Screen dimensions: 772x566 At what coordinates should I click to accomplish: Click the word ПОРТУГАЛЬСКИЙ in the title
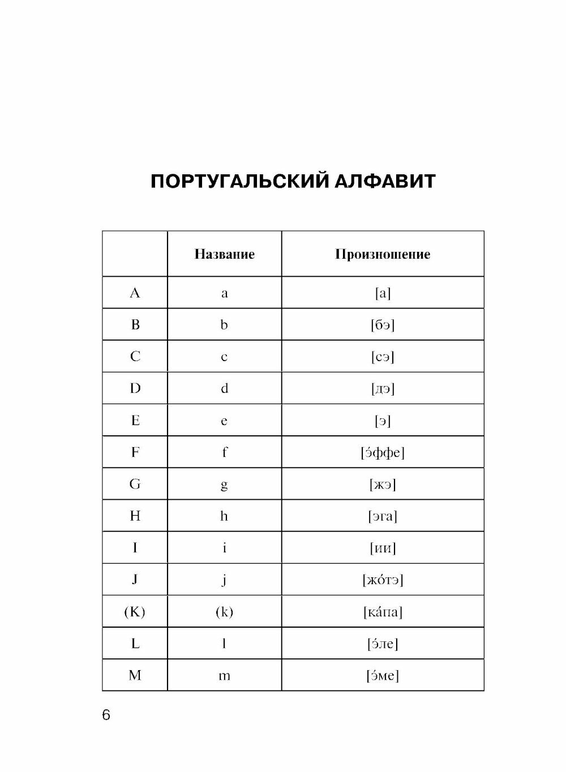[x=238, y=182]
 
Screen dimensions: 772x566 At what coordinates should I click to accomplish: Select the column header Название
[x=224, y=254]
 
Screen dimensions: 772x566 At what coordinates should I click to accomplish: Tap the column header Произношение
[x=383, y=254]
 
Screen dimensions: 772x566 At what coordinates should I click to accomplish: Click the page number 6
[x=106, y=715]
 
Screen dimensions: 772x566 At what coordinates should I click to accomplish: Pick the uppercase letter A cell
[x=135, y=293]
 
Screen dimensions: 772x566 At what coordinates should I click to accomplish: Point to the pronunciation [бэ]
[x=383, y=325]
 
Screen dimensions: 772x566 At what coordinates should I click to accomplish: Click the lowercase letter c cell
[x=224, y=357]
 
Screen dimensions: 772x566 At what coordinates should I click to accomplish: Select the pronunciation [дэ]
[x=383, y=388]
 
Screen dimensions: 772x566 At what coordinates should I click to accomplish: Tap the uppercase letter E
[x=135, y=421]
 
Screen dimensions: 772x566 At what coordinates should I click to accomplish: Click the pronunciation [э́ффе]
[x=383, y=452]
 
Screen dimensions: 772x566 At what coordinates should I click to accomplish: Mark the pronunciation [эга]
[x=383, y=516]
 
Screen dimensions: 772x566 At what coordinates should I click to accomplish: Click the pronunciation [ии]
[x=383, y=548]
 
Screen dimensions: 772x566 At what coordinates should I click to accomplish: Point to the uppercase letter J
[x=135, y=580]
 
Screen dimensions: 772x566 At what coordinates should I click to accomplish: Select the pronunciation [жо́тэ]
[x=383, y=580]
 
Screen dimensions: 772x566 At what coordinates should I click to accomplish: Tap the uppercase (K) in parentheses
[x=135, y=612]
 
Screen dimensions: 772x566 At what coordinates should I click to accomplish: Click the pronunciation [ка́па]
[x=383, y=612]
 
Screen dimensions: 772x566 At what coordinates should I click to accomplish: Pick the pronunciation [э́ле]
[x=383, y=644]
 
